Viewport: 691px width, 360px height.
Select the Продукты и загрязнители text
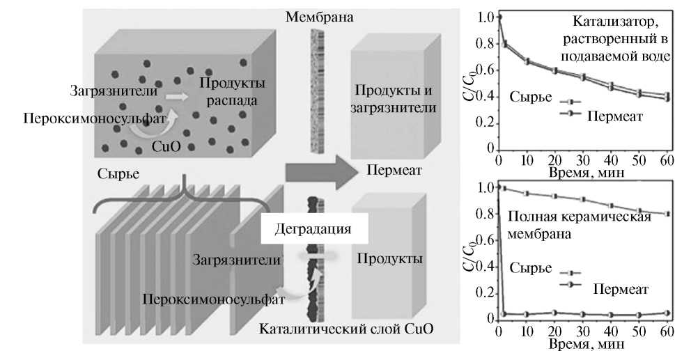tap(395, 99)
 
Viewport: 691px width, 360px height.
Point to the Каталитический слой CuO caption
tap(341, 329)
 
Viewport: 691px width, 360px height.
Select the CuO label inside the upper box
tap(166, 144)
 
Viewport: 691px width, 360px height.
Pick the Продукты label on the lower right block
tap(389, 259)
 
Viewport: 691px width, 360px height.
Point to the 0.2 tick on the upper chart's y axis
tap(486, 123)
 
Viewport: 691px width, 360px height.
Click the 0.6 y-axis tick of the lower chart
tap(486, 240)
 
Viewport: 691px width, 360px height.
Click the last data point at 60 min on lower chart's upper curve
tap(667, 214)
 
